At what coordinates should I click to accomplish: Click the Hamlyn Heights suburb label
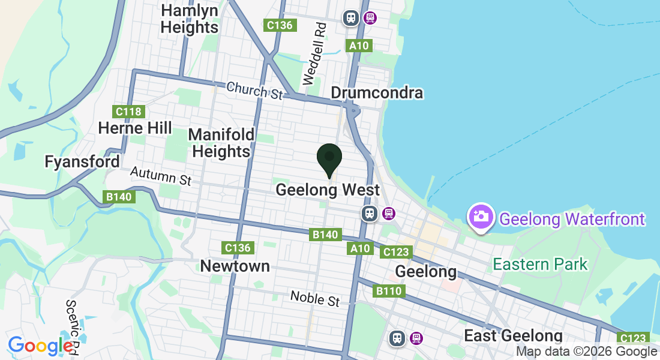coord(190,19)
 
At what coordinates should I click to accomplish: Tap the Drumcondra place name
coord(377,93)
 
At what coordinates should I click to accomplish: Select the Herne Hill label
coord(135,128)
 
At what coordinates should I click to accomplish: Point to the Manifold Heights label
coord(221,143)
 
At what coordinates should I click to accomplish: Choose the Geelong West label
coord(328,190)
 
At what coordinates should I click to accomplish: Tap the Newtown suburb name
coord(235,266)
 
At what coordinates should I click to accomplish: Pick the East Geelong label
coord(513,336)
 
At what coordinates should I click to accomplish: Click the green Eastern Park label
coord(540,264)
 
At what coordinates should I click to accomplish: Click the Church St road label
coord(254,91)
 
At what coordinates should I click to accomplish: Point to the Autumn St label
coord(161,176)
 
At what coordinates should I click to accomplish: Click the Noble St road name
coord(315,298)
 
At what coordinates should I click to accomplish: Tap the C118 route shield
coord(128,112)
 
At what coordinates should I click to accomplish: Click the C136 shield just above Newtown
coord(238,247)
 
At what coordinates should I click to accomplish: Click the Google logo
coord(41,346)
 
